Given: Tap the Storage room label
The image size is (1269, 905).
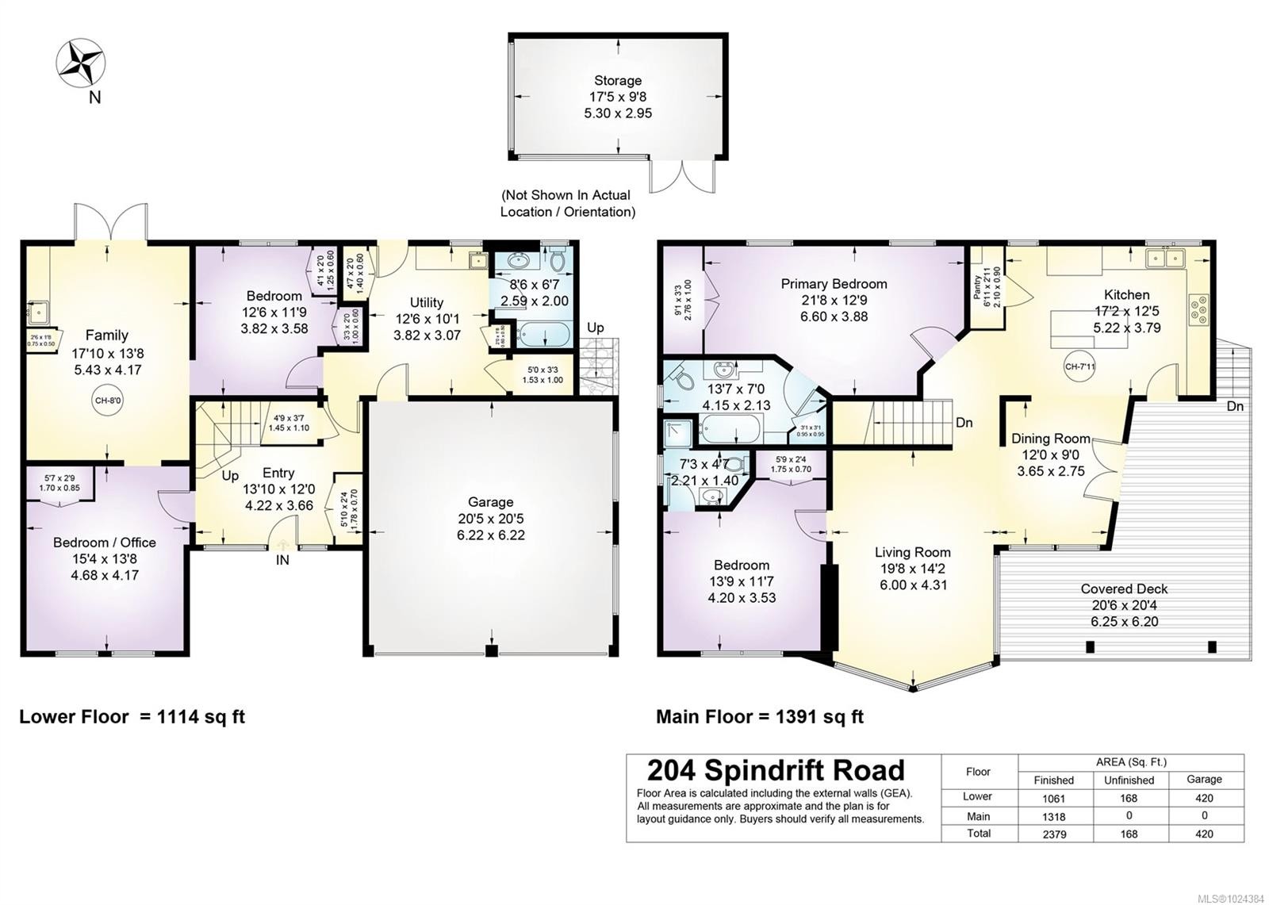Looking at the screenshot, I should pyautogui.click(x=618, y=80).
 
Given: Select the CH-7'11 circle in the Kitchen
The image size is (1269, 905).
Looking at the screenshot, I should pyautogui.click(x=1079, y=366).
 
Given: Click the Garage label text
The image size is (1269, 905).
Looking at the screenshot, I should pyautogui.click(x=490, y=502).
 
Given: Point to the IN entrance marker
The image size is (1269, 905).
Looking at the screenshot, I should pyautogui.click(x=282, y=560).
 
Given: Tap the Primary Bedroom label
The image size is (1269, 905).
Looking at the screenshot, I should pyautogui.click(x=834, y=284).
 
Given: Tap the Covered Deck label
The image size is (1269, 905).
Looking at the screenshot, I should pyautogui.click(x=1124, y=589).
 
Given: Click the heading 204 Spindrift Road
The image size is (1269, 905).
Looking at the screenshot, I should pyautogui.click(x=776, y=770).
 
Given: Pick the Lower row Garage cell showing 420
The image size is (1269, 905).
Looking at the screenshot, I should pyautogui.click(x=1204, y=798).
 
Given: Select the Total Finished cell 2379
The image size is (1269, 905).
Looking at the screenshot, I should pyautogui.click(x=1053, y=834).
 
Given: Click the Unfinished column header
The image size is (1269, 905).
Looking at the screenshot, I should pyautogui.click(x=1129, y=780).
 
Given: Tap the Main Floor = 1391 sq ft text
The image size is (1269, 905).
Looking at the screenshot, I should pyautogui.click(x=759, y=717).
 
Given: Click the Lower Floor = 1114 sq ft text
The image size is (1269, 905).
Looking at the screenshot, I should pyautogui.click(x=132, y=717).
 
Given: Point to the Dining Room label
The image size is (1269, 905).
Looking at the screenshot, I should pyautogui.click(x=1050, y=439).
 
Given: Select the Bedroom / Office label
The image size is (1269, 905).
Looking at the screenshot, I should pyautogui.click(x=105, y=543).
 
